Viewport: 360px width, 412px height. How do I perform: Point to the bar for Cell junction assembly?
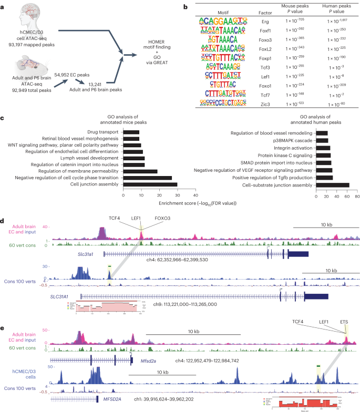(x=150, y=184)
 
